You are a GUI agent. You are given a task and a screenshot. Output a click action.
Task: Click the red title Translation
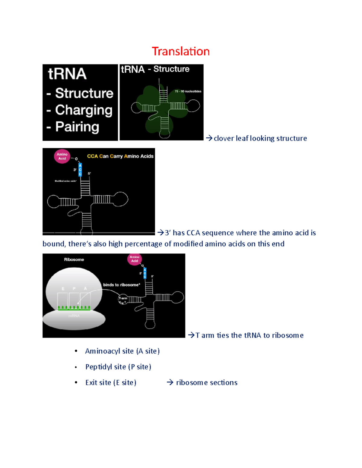(180, 52)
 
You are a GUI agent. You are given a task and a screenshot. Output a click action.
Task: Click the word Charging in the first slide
(84, 110)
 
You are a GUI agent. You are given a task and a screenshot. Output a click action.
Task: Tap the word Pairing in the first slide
(77, 127)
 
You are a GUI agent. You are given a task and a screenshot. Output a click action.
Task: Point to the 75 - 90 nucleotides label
(188, 91)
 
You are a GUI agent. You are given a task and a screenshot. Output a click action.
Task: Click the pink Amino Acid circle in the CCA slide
(62, 156)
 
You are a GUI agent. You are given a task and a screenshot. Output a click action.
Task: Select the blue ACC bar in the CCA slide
(80, 170)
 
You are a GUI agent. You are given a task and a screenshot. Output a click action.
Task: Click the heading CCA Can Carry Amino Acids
(120, 156)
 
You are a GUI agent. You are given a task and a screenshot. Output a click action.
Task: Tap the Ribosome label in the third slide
(74, 259)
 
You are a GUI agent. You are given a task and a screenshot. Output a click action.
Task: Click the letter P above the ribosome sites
(74, 289)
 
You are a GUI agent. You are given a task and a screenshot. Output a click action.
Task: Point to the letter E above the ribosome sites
(63, 289)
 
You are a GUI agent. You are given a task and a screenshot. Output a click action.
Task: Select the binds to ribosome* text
(121, 285)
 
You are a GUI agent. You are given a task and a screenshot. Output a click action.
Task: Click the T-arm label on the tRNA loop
(123, 298)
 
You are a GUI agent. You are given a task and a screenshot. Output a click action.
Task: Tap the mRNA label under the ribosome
(74, 316)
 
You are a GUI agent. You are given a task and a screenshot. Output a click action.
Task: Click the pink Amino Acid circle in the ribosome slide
(135, 259)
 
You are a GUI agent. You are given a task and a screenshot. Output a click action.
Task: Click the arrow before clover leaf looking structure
(209, 138)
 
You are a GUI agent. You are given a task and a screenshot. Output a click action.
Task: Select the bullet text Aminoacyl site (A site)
(122, 351)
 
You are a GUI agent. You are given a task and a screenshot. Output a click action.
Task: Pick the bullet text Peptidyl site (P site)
(118, 367)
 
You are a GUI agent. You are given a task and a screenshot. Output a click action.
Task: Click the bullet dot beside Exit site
(76, 383)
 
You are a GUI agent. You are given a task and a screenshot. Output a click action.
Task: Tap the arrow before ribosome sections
(170, 382)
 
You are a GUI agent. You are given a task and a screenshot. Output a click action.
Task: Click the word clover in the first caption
(224, 138)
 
